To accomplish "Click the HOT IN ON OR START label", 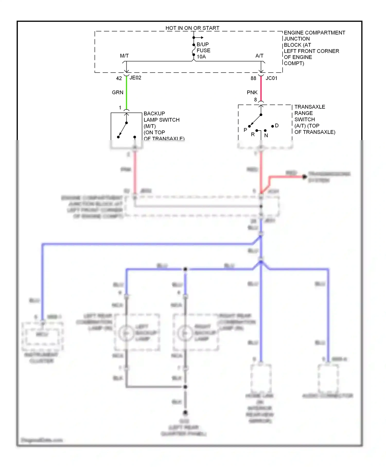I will tap(192, 28).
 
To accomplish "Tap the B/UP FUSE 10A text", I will tap(203, 50).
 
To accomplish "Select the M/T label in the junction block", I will tap(124, 56).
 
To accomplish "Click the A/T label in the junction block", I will tap(259, 56).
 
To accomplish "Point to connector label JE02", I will tap(135, 78).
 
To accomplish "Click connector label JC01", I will tap(271, 78).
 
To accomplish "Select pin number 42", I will tap(119, 78).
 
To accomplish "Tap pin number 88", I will tap(253, 78).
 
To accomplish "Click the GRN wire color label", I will tap(118, 92).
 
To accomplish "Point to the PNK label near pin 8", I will tap(252, 92).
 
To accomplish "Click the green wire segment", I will tap(126, 93).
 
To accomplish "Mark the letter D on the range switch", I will tap(277, 126).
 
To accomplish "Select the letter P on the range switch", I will tap(245, 130).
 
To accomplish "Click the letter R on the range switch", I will tap(253, 134).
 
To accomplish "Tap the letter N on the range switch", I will tap(266, 135).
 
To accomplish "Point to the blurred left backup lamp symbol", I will tap(126, 333).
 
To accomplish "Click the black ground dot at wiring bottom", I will tap(185, 413).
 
